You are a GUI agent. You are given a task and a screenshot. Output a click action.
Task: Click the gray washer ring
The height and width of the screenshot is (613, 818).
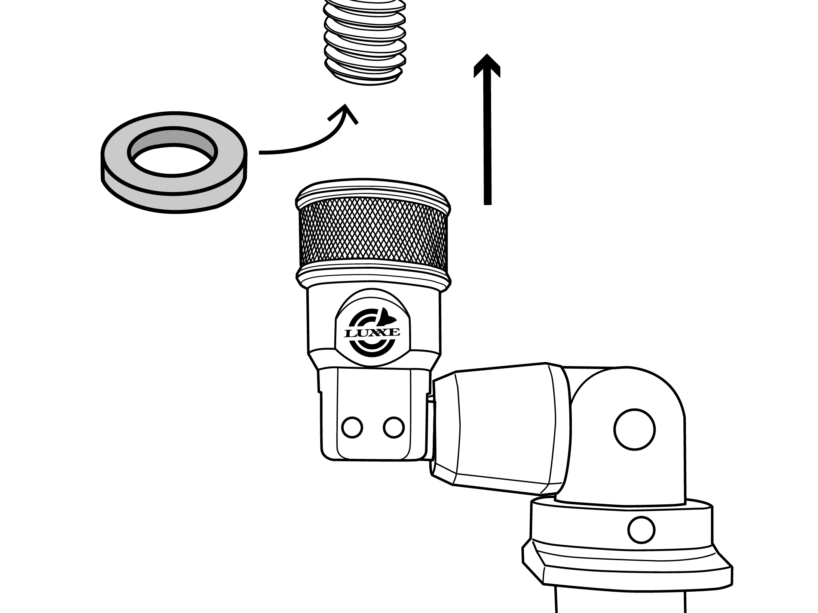click(x=174, y=162)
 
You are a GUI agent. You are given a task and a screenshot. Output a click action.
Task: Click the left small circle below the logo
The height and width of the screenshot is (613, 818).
click(x=352, y=427)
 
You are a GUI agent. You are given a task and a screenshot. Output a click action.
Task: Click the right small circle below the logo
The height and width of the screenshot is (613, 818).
click(x=394, y=427)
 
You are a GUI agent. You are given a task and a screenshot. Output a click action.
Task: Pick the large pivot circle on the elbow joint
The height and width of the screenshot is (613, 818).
click(x=634, y=430)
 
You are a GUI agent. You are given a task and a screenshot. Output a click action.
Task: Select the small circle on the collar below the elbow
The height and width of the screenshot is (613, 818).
click(x=641, y=530)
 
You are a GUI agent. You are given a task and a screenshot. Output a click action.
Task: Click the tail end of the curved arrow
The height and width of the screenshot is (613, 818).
click(x=260, y=152)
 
